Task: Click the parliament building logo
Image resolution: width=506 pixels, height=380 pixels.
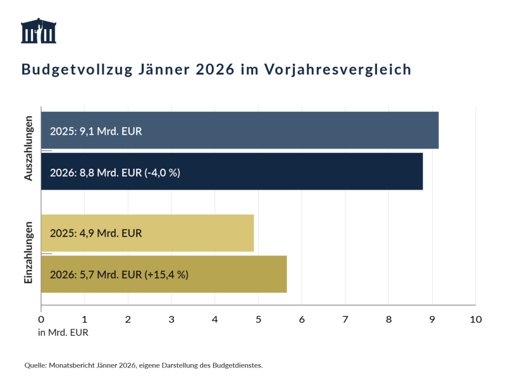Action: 39,31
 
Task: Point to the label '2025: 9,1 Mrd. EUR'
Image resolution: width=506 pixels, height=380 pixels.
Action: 96,132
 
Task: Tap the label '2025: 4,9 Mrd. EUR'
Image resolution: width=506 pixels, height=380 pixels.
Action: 96,233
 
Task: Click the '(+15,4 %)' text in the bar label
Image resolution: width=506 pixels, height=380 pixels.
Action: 166,274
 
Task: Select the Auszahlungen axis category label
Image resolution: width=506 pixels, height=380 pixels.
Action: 28,151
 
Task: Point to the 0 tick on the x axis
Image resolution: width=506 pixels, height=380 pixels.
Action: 41,319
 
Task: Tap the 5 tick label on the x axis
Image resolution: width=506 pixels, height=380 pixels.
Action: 259,319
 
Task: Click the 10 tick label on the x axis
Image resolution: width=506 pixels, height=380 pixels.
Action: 476,319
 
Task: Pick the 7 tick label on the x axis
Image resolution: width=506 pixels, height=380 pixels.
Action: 345,319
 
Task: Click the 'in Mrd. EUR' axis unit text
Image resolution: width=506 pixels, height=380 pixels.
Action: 64,333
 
